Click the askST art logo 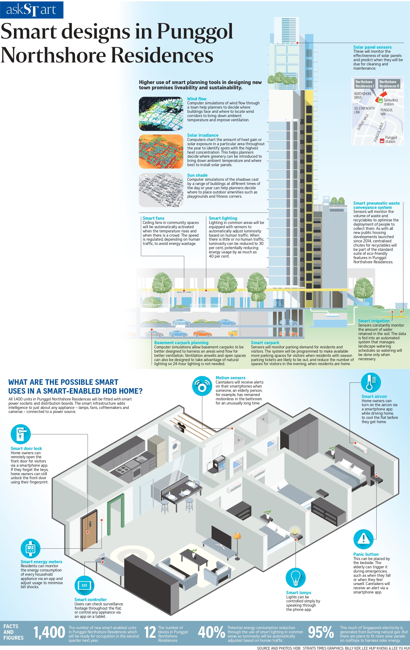coord(32,10)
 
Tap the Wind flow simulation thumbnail coord(161,114)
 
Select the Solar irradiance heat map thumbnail coord(161,151)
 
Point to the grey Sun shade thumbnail coord(161,190)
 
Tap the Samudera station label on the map coord(391,102)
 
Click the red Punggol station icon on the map coord(382,140)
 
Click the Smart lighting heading coord(223,218)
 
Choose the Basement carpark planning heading coord(181,342)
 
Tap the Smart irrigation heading coord(374,321)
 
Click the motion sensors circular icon coord(202,386)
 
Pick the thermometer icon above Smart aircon coord(371,382)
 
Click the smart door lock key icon coord(21,434)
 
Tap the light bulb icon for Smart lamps coord(295,578)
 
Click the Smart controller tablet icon coord(84,585)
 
